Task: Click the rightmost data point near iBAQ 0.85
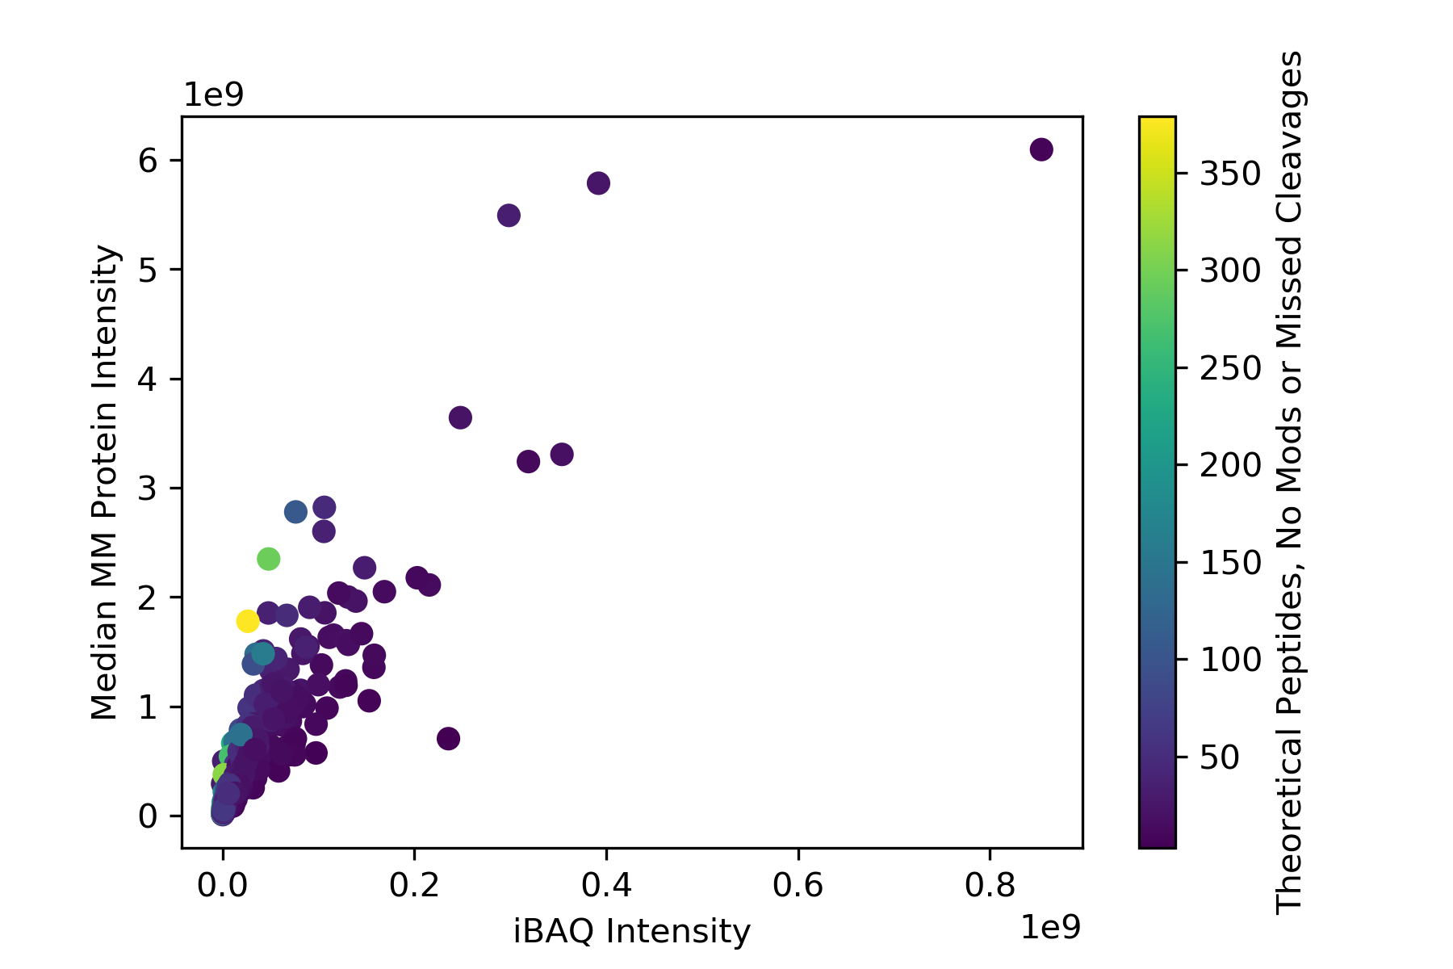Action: coord(1041,149)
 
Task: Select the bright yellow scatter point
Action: coord(248,621)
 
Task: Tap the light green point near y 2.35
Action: coord(268,558)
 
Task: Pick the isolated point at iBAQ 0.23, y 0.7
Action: coord(448,738)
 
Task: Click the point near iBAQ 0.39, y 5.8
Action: coord(598,183)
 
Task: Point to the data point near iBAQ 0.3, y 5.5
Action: coord(509,216)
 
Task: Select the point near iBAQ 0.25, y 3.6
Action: coord(460,417)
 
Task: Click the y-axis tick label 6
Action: coord(148,161)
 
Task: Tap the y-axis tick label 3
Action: coord(148,489)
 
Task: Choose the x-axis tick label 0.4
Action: coord(606,886)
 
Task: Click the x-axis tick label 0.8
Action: coord(990,886)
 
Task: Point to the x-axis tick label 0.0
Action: coord(222,886)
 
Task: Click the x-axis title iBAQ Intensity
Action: coord(632,931)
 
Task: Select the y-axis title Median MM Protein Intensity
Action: coord(105,482)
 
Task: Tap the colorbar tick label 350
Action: coord(1230,174)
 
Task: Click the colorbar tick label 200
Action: coord(1230,465)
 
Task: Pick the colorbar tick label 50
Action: coord(1220,757)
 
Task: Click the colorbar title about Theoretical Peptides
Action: coord(1289,482)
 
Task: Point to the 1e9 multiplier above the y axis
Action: coord(214,95)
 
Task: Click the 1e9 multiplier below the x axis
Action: coord(1050,929)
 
